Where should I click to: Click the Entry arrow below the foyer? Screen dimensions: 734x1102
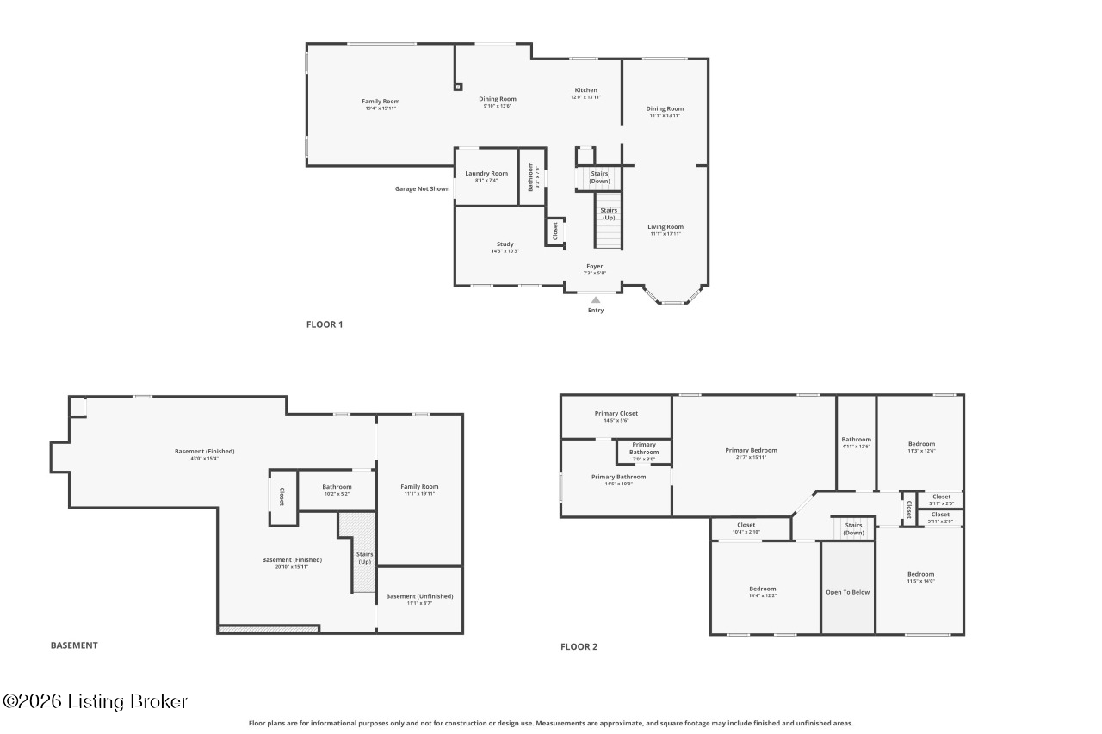point(595,299)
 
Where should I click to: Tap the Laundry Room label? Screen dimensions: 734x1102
point(486,174)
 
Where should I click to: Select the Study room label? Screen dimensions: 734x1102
point(505,244)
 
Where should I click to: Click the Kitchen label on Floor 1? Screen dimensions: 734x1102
point(585,90)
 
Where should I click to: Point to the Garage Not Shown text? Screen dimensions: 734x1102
point(422,188)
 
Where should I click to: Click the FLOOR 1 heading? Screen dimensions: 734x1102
point(325,324)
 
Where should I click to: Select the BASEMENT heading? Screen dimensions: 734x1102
point(74,645)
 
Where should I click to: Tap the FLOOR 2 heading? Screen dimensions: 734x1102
point(579,646)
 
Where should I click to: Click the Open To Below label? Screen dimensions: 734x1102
point(848,592)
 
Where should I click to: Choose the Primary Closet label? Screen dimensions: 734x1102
point(616,414)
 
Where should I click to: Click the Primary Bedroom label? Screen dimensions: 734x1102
point(751,450)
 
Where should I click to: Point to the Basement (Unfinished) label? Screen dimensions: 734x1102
point(419,596)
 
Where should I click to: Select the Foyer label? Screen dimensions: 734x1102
point(595,267)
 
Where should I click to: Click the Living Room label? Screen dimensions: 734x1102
point(666,227)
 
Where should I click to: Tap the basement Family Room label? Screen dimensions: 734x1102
point(419,487)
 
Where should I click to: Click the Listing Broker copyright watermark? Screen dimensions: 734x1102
point(95,701)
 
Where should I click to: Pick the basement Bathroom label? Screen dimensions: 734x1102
point(337,487)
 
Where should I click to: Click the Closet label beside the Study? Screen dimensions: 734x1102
point(555,231)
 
